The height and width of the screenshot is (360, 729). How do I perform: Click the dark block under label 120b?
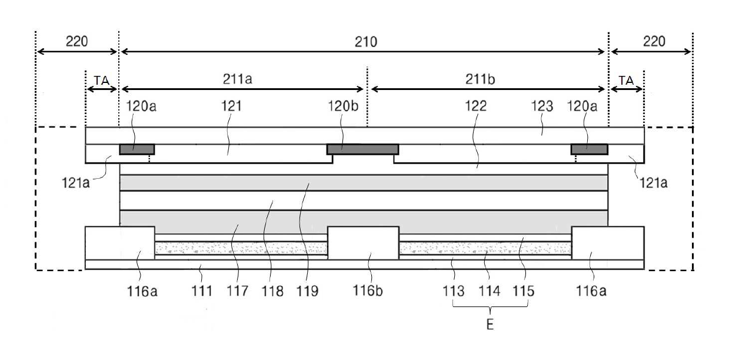[x=362, y=149]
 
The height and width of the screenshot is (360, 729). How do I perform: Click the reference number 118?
[x=273, y=291]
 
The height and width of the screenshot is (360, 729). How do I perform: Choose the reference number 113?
[x=455, y=291]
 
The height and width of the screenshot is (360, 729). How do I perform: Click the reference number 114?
[x=491, y=291]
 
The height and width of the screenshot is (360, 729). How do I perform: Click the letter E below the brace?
[x=490, y=323]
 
